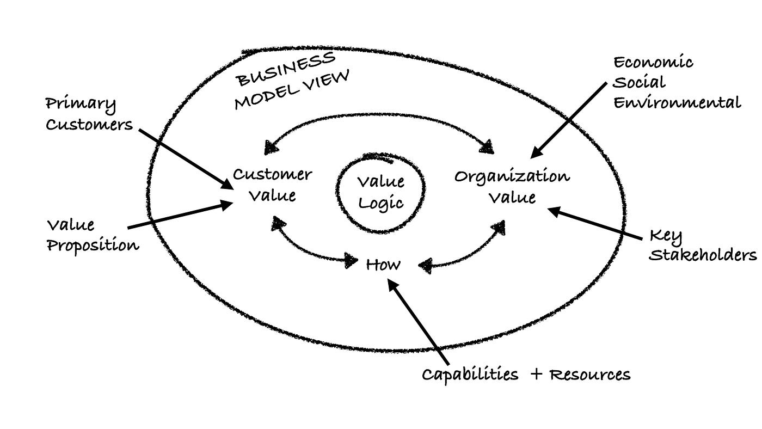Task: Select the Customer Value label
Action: [x=272, y=185]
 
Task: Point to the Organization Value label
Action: [x=512, y=186]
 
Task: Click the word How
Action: [x=383, y=265]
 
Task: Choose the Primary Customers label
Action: [x=89, y=114]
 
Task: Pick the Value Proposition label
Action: [x=92, y=235]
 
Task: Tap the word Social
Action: [x=639, y=83]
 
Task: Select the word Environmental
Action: [x=677, y=103]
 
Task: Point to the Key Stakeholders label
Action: [x=702, y=246]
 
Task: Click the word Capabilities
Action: [x=470, y=375]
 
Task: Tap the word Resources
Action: [x=589, y=375]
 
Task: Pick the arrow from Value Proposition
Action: [x=180, y=216]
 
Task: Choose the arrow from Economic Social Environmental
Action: [x=568, y=119]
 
